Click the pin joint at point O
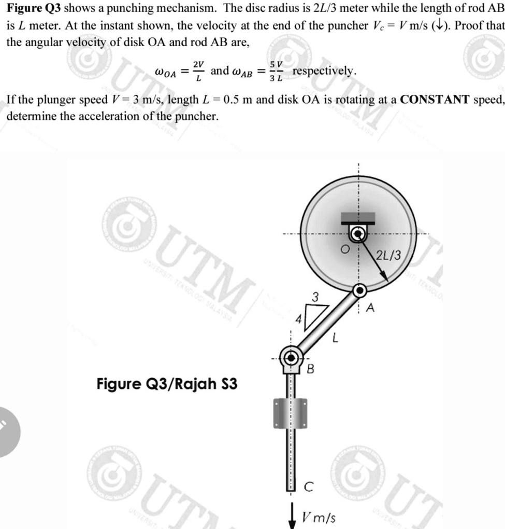click(x=357, y=234)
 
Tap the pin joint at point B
click(x=291, y=357)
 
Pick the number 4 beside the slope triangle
click(x=298, y=319)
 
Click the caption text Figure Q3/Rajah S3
click(x=167, y=384)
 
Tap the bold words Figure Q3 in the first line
click(x=34, y=10)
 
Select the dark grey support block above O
click(x=357, y=217)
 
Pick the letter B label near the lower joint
click(x=311, y=369)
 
